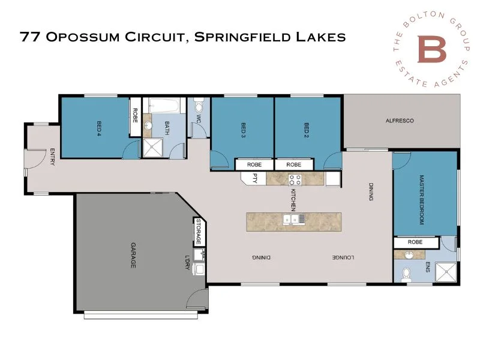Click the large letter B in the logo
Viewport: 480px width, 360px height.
coord(432,50)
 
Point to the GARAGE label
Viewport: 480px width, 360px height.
coord(132,255)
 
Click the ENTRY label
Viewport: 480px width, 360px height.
coord(53,157)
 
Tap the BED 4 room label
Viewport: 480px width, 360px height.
coord(98,127)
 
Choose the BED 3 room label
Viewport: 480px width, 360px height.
coord(244,128)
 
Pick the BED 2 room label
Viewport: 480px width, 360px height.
coord(306,128)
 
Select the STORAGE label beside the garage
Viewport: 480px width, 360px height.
coord(198,232)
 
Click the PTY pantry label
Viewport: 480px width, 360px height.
coord(254,178)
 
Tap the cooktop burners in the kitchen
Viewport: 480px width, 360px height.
coord(295,178)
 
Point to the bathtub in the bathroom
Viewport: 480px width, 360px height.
coord(164,106)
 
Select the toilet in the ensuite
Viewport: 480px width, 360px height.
coord(407,274)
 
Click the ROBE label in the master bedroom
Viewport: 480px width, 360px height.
coord(415,242)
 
